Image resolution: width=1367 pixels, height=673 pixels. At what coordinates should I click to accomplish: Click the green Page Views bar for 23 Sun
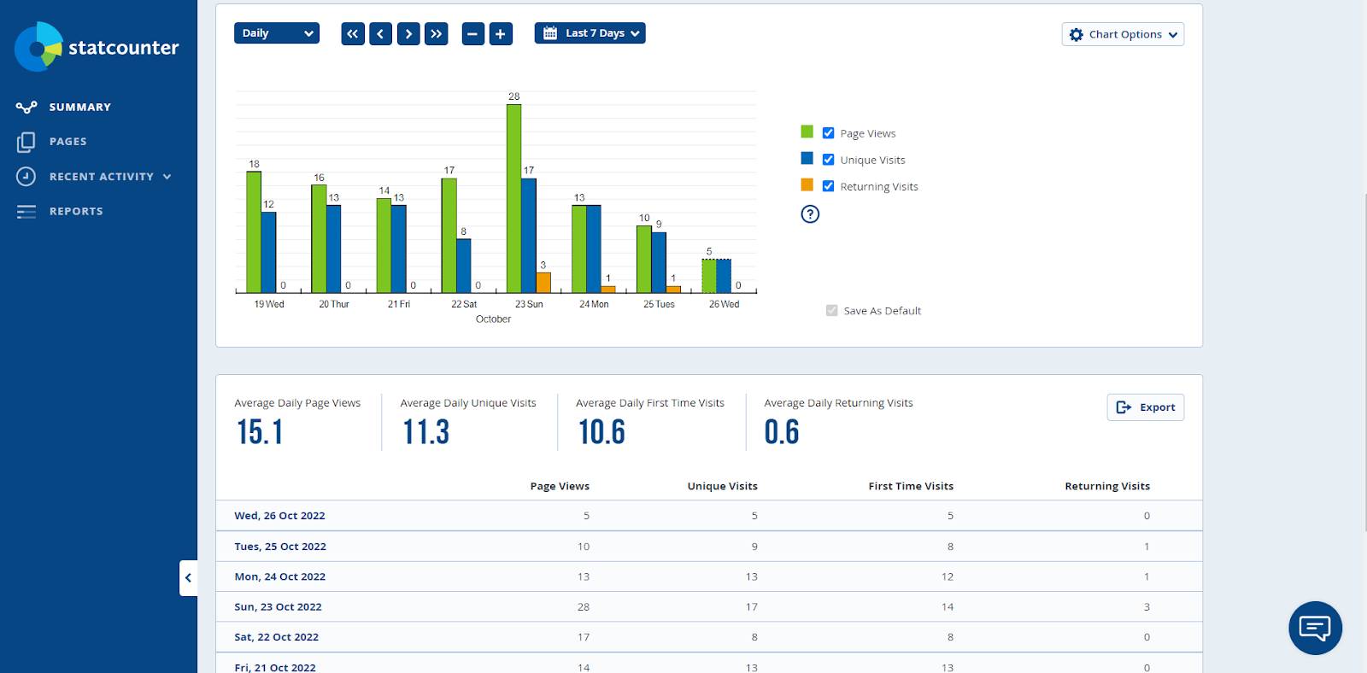point(513,198)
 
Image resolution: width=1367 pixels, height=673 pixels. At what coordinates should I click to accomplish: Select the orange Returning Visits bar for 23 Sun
point(543,283)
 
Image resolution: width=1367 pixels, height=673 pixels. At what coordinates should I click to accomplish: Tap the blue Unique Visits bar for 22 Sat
point(464,266)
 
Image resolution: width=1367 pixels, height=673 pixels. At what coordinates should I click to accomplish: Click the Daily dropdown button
point(276,33)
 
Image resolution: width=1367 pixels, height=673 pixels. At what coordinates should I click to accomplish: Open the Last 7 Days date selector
point(590,33)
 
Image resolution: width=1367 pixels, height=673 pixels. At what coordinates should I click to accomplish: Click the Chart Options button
point(1123,34)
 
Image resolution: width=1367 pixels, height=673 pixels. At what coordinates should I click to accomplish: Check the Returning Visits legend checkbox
point(828,186)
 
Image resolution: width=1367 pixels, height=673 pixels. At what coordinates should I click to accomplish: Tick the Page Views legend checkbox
point(828,133)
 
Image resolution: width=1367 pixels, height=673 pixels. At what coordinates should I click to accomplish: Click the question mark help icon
point(810,214)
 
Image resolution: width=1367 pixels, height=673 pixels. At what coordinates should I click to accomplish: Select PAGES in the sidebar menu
point(67,142)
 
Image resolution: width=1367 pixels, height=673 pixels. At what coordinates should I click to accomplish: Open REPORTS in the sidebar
point(75,211)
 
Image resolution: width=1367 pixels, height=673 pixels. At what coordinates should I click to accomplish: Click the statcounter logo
point(97,47)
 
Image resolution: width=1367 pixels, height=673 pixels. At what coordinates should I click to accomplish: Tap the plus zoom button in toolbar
point(501,33)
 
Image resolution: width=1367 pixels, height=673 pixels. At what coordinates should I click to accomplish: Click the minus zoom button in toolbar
point(473,33)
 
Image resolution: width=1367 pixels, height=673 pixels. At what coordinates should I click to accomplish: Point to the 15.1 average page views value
point(260,432)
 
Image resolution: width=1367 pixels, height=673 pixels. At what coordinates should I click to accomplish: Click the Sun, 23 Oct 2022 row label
point(278,607)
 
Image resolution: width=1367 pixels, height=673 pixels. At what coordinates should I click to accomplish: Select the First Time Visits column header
point(911,486)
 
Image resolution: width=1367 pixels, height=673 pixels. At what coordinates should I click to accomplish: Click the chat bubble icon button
point(1315,628)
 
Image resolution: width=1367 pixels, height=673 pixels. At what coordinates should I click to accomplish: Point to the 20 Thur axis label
point(334,304)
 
